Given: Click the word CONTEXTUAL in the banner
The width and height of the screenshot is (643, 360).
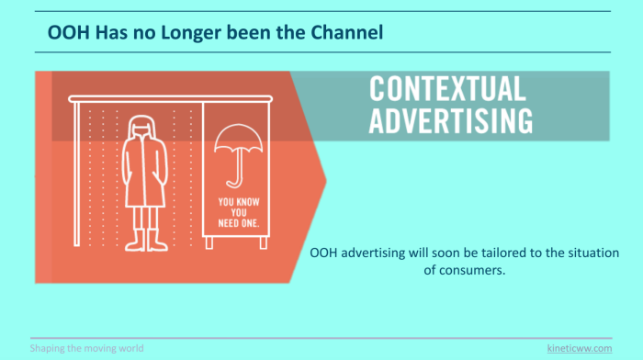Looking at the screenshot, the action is click(x=447, y=88).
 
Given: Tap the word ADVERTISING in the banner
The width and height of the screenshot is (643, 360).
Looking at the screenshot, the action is click(x=451, y=120).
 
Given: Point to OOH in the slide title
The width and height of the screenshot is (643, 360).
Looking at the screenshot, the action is click(x=69, y=32).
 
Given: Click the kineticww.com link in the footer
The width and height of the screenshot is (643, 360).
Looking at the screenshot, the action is click(x=580, y=348).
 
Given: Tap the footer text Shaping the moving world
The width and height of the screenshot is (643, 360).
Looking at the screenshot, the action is click(x=86, y=348).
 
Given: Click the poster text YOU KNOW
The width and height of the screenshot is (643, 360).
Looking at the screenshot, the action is click(x=239, y=202).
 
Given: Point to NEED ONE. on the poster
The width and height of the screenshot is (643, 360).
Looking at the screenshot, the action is click(x=239, y=223).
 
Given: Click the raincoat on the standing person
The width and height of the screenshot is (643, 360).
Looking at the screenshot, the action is click(x=144, y=173).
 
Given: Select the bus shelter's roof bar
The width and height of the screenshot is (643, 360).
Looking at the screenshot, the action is click(x=170, y=99).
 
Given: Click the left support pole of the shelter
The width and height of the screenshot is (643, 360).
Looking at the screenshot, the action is click(x=76, y=174).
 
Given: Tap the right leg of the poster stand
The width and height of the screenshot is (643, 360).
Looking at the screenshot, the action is click(x=264, y=242).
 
